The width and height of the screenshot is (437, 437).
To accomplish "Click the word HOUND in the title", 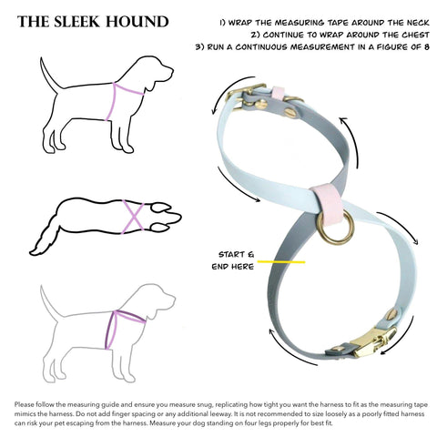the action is tap(137, 22).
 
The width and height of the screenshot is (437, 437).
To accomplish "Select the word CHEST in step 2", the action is tap(415, 35).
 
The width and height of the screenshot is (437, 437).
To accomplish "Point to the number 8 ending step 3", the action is tap(426, 47).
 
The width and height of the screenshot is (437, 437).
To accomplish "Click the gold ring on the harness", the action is tap(335, 227).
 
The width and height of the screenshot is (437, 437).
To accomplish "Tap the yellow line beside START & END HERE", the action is tap(281, 261).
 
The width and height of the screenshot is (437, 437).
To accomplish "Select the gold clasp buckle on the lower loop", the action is tap(375, 339).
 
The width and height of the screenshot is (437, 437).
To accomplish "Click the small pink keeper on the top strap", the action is tap(279, 95).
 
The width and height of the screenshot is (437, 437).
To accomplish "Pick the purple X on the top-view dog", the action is tap(133, 217).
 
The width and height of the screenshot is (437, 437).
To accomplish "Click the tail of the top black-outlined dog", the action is tap(49, 74).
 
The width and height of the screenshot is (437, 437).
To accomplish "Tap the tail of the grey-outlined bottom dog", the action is tap(49, 301).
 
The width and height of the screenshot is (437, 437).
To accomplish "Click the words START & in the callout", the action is tap(237, 254).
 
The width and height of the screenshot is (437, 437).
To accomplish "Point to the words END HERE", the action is tap(233, 267).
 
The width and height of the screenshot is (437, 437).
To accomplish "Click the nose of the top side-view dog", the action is tap(170, 71).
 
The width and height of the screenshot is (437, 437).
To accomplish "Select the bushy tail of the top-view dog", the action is tap(46, 238).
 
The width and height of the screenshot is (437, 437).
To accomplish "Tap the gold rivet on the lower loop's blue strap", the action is tap(392, 314).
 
